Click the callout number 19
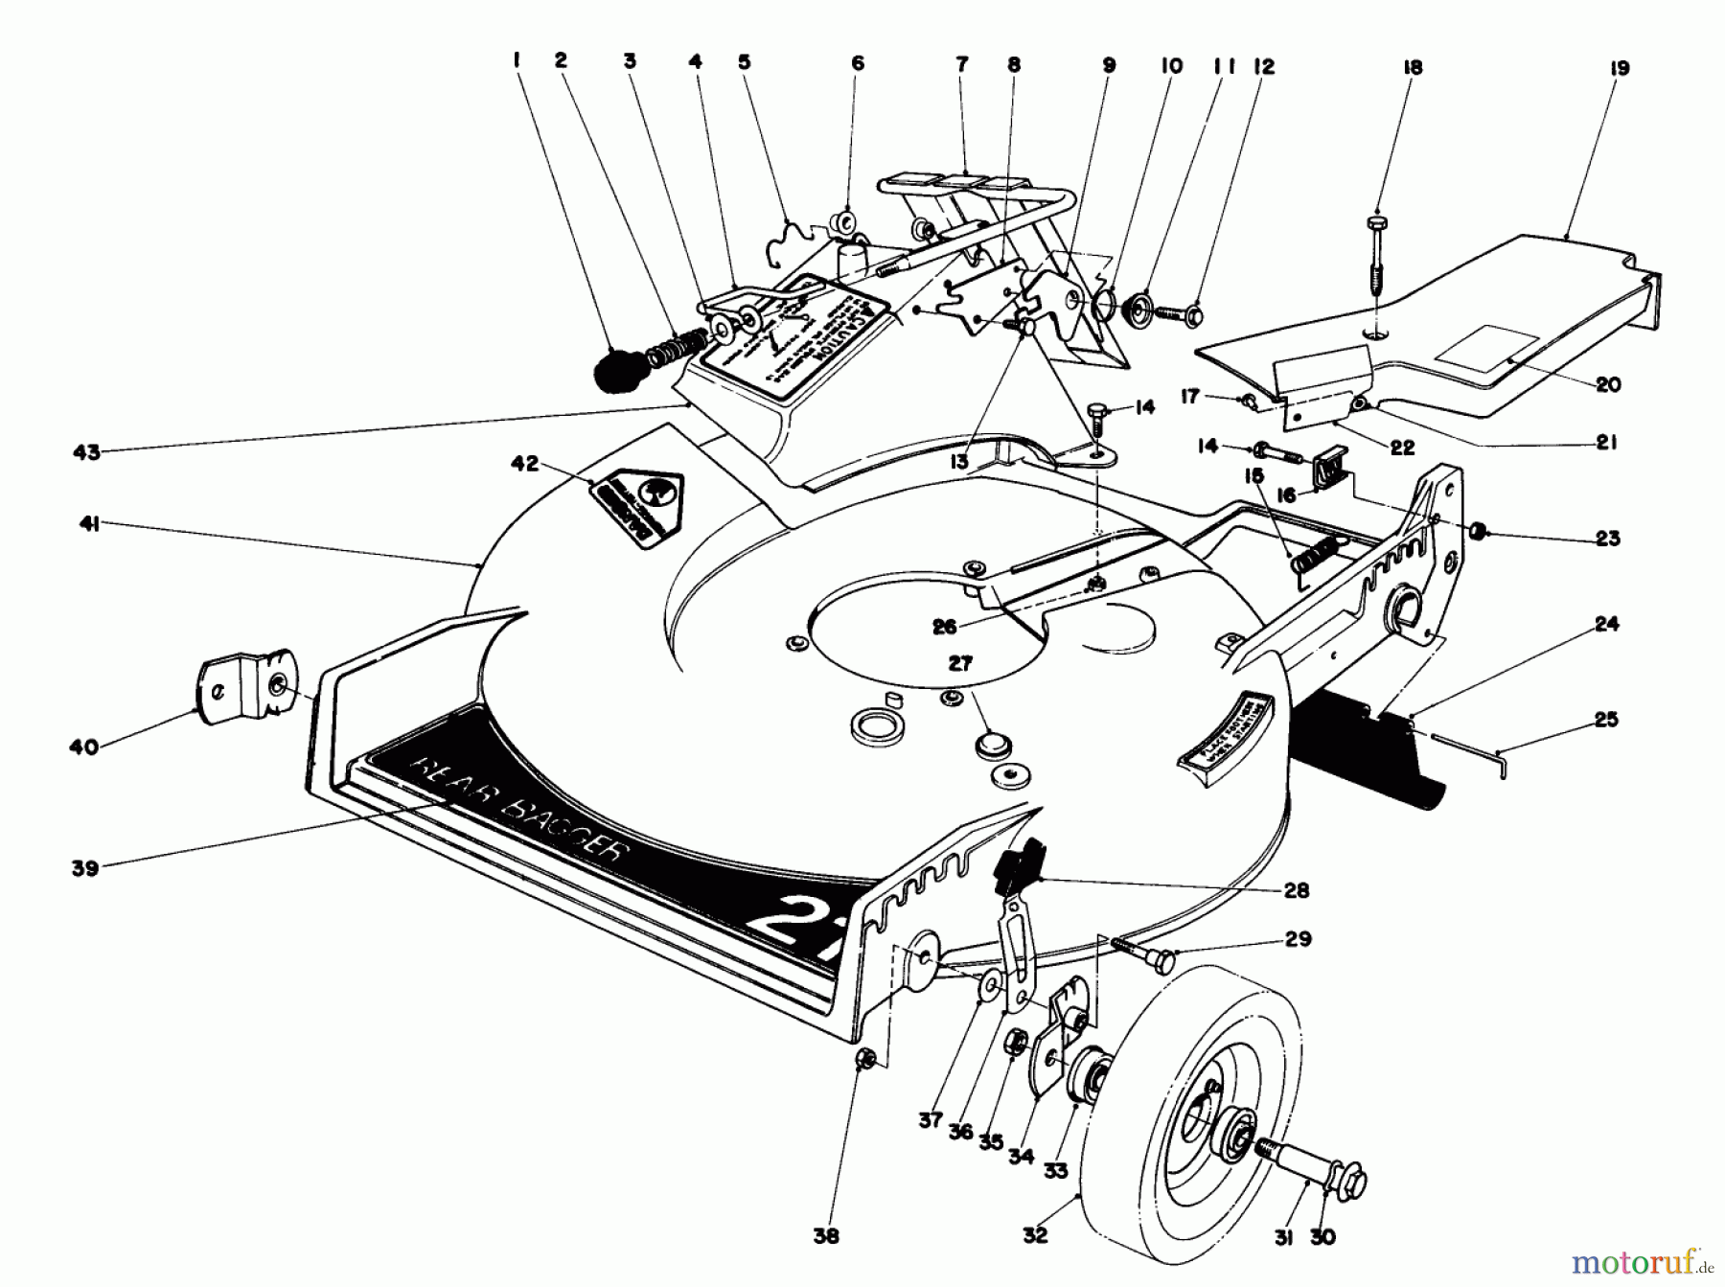tap(1620, 69)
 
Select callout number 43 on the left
tap(86, 451)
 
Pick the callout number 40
tap(84, 746)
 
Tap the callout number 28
tap(1296, 890)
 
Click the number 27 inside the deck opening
tap(960, 662)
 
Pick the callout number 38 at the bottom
tap(826, 1236)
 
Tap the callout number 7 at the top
tap(961, 64)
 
